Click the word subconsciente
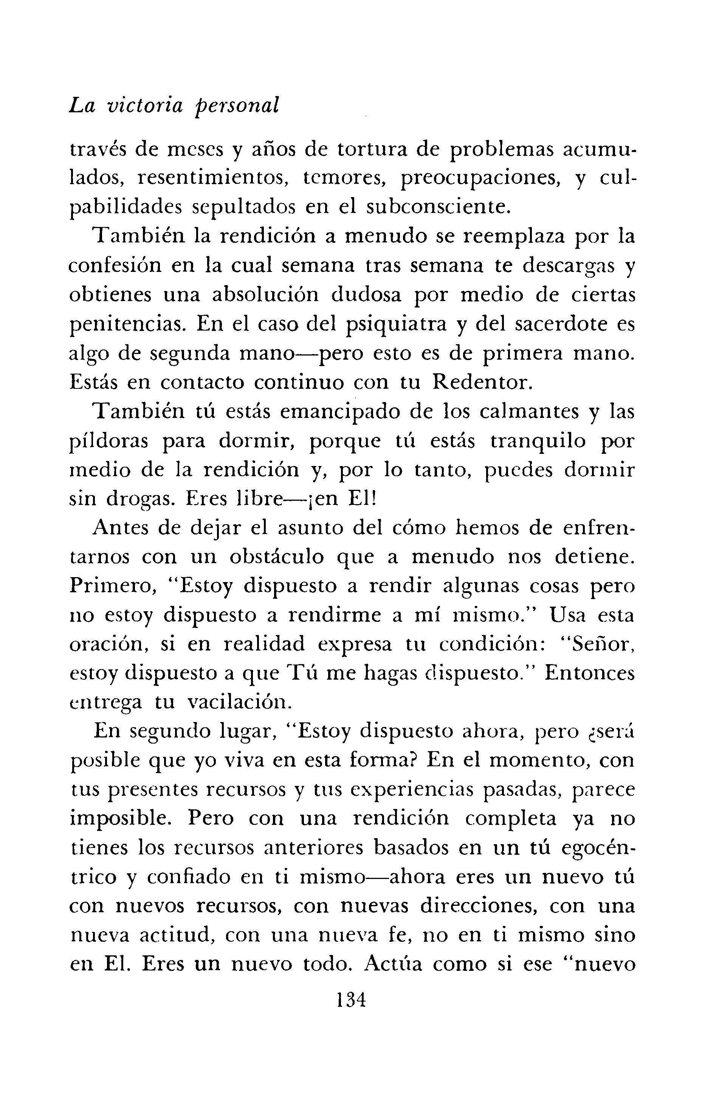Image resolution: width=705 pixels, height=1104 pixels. [x=439, y=207]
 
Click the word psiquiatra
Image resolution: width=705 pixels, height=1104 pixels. [x=396, y=325]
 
